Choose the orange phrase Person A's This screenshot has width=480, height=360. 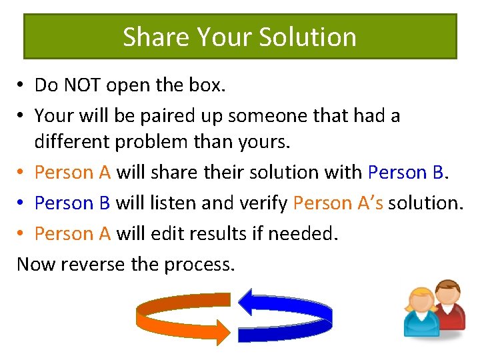point(338,203)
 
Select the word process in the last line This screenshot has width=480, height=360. point(198,265)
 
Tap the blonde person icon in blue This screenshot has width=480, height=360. point(421,313)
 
